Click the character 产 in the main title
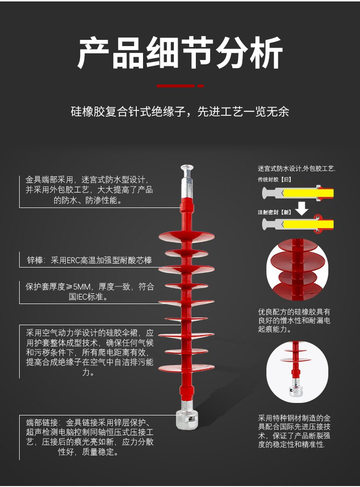[x=94, y=53]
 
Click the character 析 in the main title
[x=266, y=53]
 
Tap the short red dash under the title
[x=201, y=85]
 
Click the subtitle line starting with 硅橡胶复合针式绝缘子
[x=180, y=111]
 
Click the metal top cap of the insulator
[x=187, y=182]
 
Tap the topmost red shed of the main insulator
[x=186, y=237]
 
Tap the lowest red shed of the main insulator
[x=186, y=368]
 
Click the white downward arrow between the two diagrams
[x=301, y=208]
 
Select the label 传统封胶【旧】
[x=275, y=180]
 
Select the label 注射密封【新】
[x=275, y=212]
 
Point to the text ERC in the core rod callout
[x=73, y=260]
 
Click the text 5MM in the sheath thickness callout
[x=82, y=287]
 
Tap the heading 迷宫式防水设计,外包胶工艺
[x=296, y=169]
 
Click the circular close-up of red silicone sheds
[x=297, y=269]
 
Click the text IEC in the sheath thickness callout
[x=82, y=297]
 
